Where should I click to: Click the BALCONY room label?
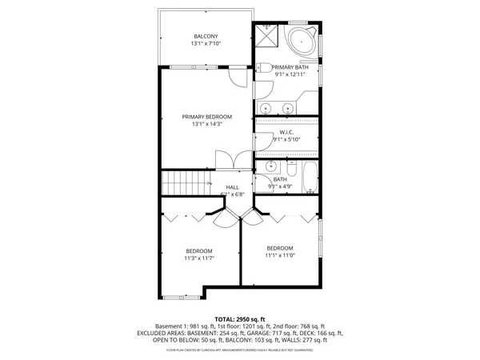(206, 35)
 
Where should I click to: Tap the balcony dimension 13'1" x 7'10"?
(206, 44)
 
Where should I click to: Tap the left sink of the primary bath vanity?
(266, 106)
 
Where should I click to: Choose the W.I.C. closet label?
(288, 132)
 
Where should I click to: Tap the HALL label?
(232, 186)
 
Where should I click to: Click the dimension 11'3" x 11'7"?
(199, 258)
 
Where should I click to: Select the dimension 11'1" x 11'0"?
(280, 255)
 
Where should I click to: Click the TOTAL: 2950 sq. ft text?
(240, 318)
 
